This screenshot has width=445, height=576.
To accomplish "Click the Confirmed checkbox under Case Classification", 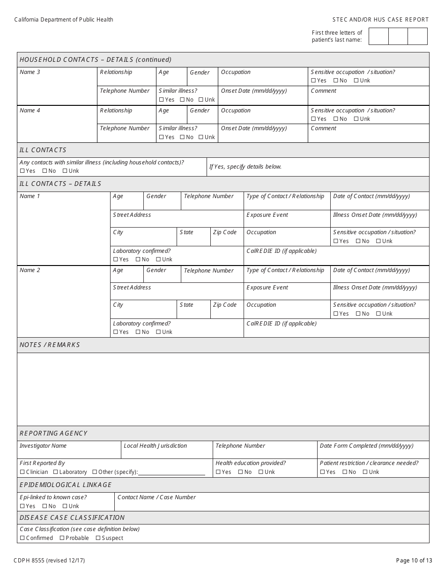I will click(x=22, y=538).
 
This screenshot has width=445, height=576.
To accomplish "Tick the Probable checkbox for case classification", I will click(x=62, y=538).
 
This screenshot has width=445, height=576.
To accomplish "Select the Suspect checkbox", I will click(x=98, y=538).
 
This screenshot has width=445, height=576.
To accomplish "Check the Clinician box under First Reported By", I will click(x=22, y=472).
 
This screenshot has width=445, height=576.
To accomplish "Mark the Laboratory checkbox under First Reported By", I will click(x=55, y=472).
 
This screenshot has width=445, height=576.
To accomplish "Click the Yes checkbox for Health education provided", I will click(x=218, y=472).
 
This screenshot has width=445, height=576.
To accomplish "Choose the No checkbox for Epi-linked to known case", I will click(x=44, y=506).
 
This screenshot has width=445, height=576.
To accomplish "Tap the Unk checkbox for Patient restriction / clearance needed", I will click(x=365, y=472).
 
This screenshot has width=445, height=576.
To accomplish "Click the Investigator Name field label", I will click(x=43, y=446).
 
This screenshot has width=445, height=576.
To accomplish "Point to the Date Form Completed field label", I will click(x=366, y=446).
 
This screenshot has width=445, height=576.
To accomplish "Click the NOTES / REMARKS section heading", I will click(x=50, y=345).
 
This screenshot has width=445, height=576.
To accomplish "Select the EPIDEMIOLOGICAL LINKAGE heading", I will click(x=66, y=485).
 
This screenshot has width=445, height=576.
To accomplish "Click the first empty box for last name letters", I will click(x=378, y=37).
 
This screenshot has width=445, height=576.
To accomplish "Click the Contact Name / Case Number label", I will click(x=156, y=497).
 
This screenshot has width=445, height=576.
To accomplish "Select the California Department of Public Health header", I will click(x=64, y=20).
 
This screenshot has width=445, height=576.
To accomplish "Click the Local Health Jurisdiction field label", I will click(x=155, y=446).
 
